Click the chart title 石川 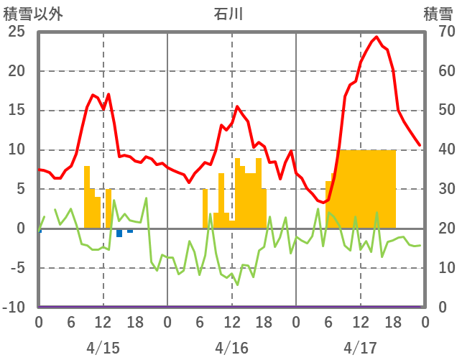[x=231, y=14]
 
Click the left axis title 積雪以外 [x=32, y=14]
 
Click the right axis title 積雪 [x=438, y=14]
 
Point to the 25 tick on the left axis [x=17, y=32]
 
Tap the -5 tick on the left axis [x=17, y=268]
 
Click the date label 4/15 [x=103, y=348]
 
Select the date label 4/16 [x=231, y=348]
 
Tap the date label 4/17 [x=360, y=348]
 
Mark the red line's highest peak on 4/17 [x=377, y=37]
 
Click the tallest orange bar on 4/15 [x=87, y=197]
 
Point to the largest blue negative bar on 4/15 [x=119, y=233]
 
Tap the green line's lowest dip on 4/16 [x=237, y=285]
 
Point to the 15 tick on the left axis [x=17, y=111]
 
